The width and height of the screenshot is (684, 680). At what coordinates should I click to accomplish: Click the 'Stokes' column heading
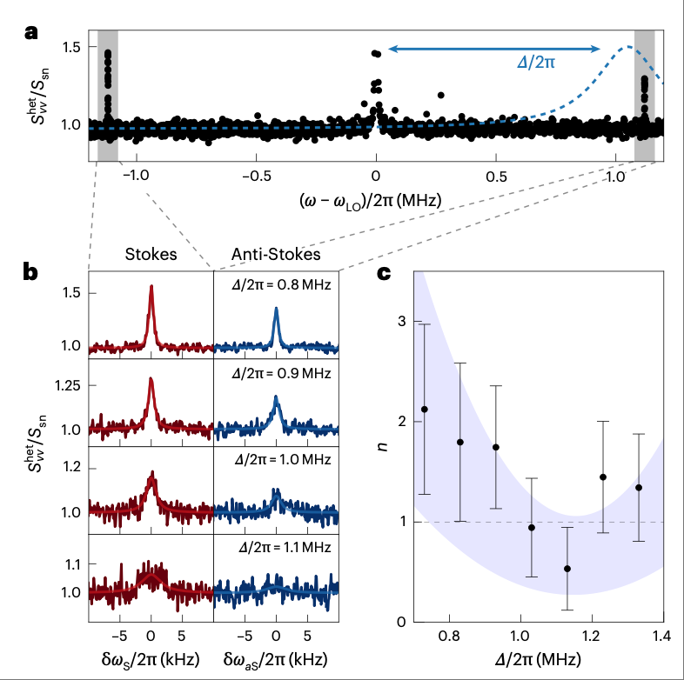(151, 254)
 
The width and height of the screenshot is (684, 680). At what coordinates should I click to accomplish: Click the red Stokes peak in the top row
(151, 287)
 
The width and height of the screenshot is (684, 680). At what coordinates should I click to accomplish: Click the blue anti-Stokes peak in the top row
(276, 310)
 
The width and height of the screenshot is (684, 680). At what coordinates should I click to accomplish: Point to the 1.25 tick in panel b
(68, 385)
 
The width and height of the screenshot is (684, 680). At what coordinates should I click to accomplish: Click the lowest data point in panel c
(567, 569)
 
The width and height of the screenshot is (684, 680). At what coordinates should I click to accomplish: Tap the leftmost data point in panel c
(424, 409)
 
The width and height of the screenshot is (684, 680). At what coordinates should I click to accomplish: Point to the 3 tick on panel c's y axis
(402, 322)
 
